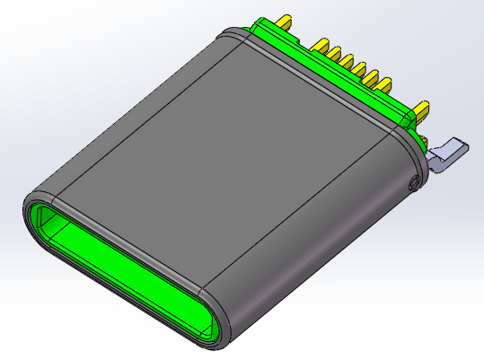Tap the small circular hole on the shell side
pos(412,184)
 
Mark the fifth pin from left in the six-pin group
pos(374,78)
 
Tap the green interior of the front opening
pos(117,269)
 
